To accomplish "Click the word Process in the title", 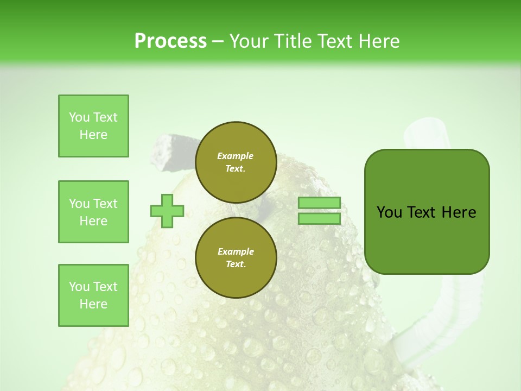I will (x=170, y=41).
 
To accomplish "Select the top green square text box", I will (x=93, y=126).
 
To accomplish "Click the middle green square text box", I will (x=93, y=212).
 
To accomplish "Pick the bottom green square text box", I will (x=93, y=295).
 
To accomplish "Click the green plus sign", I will (x=167, y=211).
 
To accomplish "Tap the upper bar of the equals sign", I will (x=319, y=203).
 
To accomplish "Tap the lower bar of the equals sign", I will (x=319, y=219).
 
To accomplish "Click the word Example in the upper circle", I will (x=236, y=156).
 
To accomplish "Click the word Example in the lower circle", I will (x=236, y=251).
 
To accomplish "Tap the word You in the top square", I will (x=79, y=117).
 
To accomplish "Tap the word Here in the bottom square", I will (x=93, y=304).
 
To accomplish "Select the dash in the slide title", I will (x=218, y=41).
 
